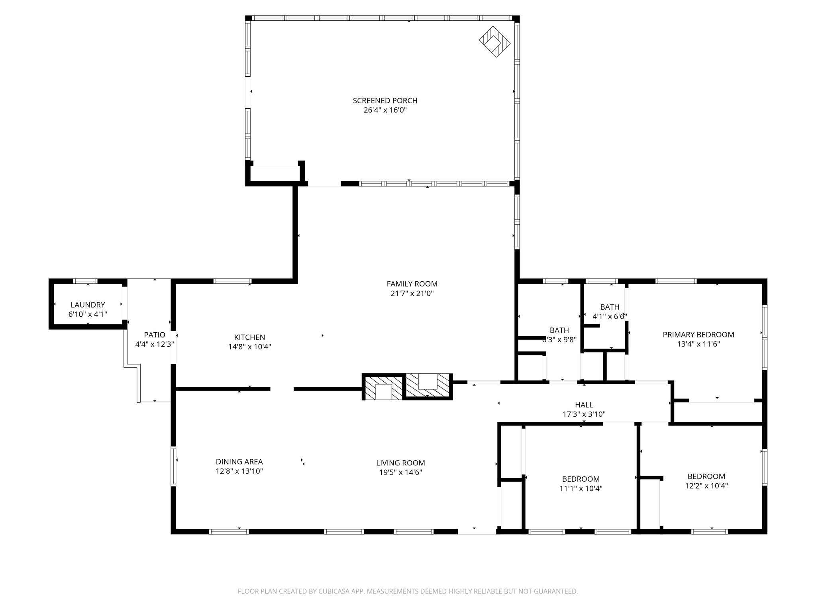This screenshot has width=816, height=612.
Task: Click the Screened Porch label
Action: pyautogui.click(x=385, y=101)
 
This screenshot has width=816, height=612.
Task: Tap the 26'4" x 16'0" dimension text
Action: pyautogui.click(x=385, y=110)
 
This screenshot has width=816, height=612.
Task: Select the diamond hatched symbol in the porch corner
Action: pyautogui.click(x=494, y=41)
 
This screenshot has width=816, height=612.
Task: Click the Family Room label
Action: pyautogui.click(x=412, y=284)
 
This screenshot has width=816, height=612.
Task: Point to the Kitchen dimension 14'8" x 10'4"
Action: pyautogui.click(x=249, y=347)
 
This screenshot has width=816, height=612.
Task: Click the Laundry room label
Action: pyautogui.click(x=88, y=305)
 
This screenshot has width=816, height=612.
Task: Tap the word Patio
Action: pyautogui.click(x=155, y=335)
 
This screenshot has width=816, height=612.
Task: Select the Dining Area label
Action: pyautogui.click(x=239, y=462)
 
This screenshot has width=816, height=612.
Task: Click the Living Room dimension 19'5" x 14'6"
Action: pyautogui.click(x=400, y=473)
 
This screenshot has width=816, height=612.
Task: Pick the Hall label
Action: pyautogui.click(x=584, y=405)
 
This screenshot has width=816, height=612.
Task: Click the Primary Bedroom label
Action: pyautogui.click(x=698, y=335)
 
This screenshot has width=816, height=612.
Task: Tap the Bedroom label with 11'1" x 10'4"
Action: pyautogui.click(x=581, y=479)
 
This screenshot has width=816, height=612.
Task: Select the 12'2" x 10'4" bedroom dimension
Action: pyautogui.click(x=706, y=486)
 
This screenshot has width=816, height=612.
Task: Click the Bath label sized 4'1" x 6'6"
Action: pyautogui.click(x=610, y=307)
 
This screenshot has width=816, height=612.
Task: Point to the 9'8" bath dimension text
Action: pyautogui.click(x=559, y=340)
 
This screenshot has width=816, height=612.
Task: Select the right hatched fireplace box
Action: pyautogui.click(x=428, y=386)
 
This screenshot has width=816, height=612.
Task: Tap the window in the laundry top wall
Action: pyautogui.click(x=85, y=281)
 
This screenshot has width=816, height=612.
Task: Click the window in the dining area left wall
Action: pyautogui.click(x=174, y=466)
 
